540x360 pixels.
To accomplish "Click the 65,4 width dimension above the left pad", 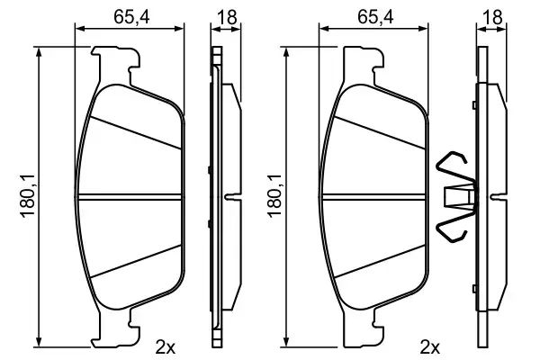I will (130, 15).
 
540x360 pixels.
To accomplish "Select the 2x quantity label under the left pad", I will (166, 346).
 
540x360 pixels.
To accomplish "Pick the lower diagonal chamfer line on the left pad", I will (135, 264).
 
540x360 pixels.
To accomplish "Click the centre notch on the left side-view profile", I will (230, 195).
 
